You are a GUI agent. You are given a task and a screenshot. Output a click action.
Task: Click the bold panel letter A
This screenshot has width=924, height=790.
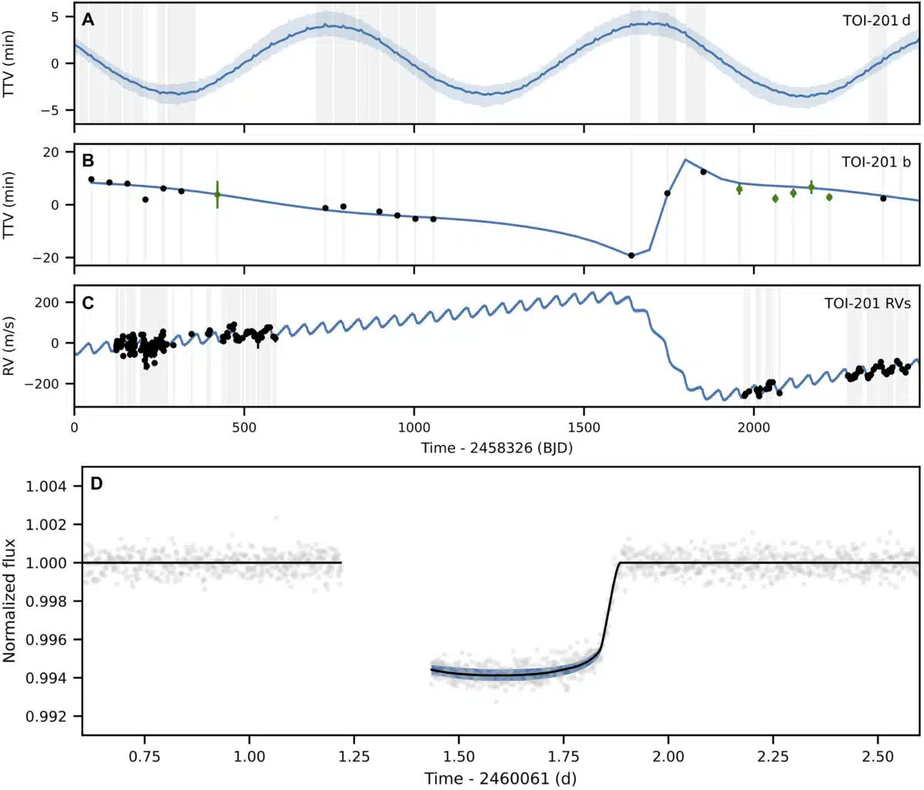click(x=89, y=20)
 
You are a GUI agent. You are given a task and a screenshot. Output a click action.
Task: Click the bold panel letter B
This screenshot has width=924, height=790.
click(x=89, y=161)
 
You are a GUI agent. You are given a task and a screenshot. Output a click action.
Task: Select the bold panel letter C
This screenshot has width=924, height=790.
click(x=89, y=302)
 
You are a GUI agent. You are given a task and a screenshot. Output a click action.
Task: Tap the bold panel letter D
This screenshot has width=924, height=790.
click(x=97, y=484)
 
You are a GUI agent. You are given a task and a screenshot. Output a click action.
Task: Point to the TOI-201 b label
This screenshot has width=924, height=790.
click(x=876, y=162)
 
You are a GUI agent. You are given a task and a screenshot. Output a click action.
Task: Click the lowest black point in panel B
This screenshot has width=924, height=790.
click(x=631, y=255)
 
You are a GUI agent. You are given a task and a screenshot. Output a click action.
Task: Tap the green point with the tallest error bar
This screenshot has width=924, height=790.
click(x=217, y=195)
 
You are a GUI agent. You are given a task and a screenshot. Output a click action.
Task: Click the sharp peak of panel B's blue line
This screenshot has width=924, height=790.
click(x=685, y=159)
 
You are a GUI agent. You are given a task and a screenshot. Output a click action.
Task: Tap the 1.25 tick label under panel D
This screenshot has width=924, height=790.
click(x=354, y=756)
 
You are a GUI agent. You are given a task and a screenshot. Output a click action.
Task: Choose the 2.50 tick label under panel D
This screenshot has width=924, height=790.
click(x=878, y=756)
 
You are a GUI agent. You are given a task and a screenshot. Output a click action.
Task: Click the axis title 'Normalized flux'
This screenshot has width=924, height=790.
click(x=10, y=600)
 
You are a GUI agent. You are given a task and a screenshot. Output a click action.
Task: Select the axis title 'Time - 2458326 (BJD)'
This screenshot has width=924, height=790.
click(x=497, y=448)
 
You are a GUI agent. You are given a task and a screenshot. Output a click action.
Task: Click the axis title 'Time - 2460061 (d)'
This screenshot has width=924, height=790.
click(x=500, y=778)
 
